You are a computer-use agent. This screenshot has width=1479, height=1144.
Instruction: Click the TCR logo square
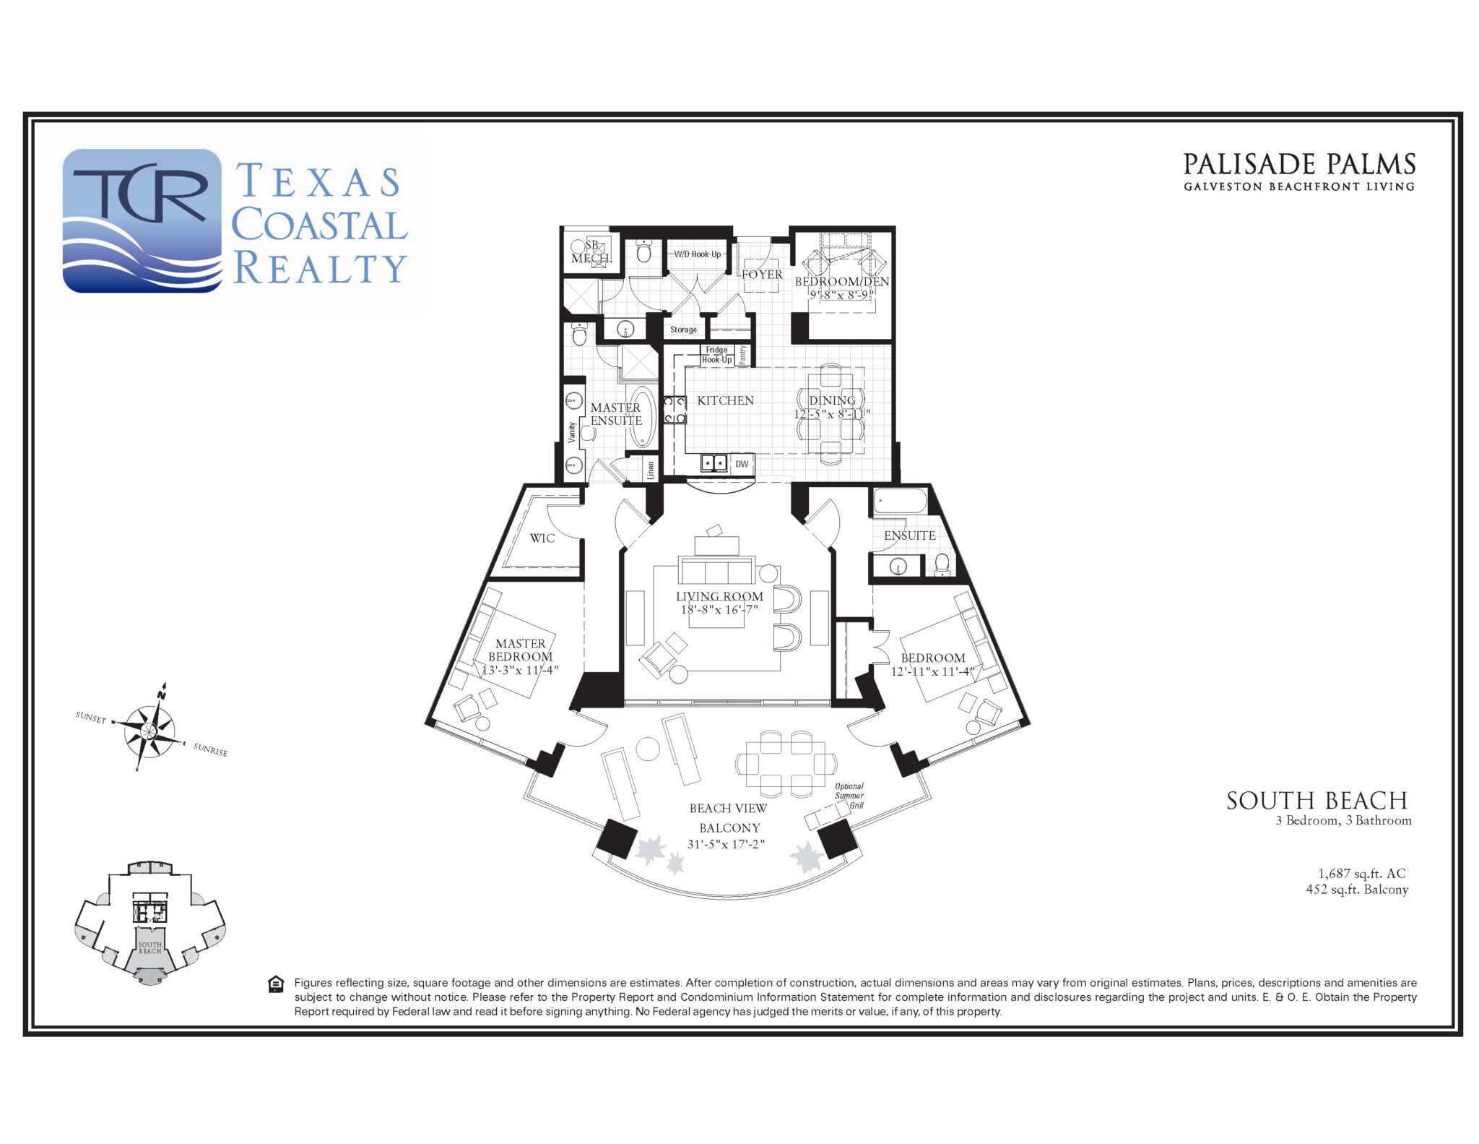click(x=142, y=220)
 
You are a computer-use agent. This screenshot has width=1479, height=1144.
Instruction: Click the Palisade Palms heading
click(x=1299, y=165)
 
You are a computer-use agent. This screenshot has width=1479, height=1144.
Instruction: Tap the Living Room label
click(x=719, y=596)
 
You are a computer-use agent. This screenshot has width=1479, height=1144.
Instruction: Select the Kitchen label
click(x=725, y=400)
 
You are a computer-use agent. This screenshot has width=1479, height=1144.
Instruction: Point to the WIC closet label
click(x=542, y=538)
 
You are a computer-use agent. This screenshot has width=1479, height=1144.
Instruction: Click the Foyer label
click(x=762, y=275)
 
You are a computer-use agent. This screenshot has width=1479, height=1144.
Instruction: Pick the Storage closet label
click(x=683, y=330)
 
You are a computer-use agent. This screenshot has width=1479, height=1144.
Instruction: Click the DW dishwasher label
click(x=742, y=464)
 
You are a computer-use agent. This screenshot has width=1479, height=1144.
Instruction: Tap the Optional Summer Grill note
click(x=849, y=796)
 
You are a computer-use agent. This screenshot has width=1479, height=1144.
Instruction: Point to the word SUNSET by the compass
click(x=91, y=718)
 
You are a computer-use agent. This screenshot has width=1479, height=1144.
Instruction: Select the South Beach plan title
click(x=1317, y=801)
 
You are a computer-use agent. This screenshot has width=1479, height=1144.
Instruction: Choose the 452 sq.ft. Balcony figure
click(x=1357, y=890)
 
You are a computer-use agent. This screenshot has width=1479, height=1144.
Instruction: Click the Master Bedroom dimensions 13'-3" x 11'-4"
click(x=520, y=670)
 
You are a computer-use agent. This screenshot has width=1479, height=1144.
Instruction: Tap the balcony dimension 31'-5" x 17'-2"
click(x=726, y=843)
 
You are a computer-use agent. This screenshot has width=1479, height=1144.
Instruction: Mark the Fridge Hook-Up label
click(x=716, y=355)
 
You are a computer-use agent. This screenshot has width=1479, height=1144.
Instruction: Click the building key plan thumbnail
click(x=150, y=922)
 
